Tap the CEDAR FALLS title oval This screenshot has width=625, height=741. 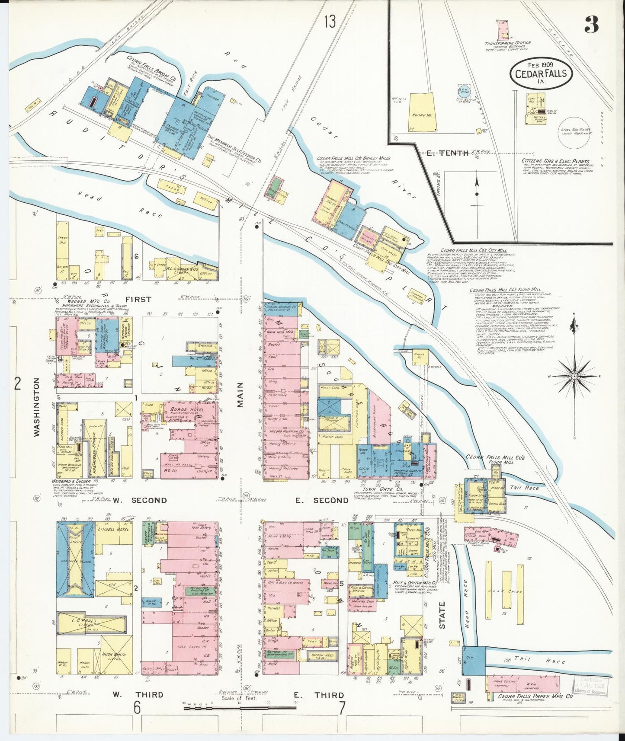click(541, 73)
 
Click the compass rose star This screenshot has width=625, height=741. click(574, 376)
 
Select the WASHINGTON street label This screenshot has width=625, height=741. click(37, 406)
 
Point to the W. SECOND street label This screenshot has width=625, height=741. click(140, 500)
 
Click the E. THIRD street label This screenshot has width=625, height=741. click(319, 695)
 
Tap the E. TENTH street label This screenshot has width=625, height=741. click(447, 153)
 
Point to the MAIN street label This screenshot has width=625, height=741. click(240, 394)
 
